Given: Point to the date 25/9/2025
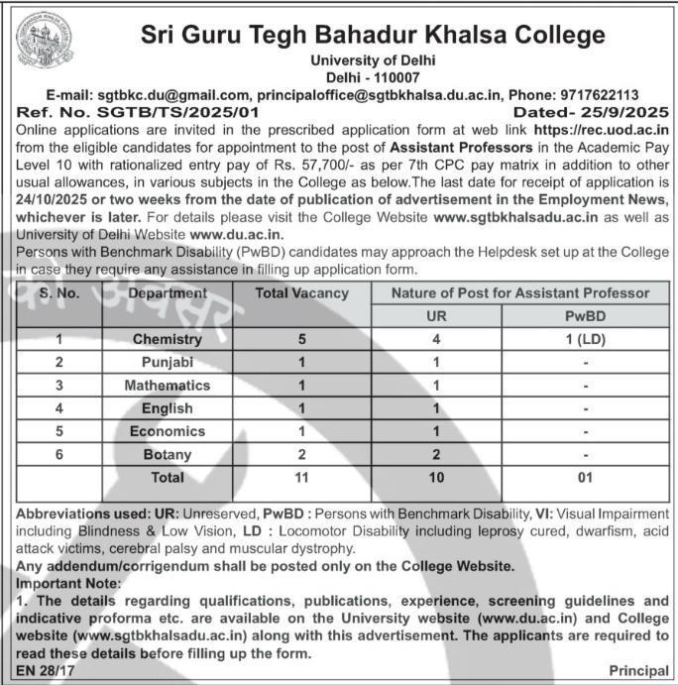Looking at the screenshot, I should (x=619, y=112).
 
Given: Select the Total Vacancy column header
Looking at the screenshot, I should (x=302, y=293).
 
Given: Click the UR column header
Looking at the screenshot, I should (x=435, y=316).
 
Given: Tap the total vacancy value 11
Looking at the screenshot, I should (x=302, y=477).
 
